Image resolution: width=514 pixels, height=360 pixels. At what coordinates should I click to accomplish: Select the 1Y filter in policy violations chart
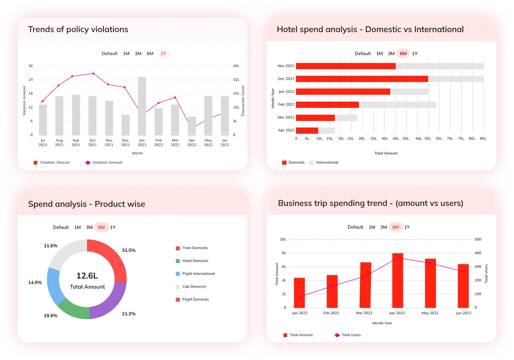(163, 54)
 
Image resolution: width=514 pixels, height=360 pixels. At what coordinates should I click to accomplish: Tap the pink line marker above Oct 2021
(94, 74)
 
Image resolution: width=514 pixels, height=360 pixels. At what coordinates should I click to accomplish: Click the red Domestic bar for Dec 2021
(362, 79)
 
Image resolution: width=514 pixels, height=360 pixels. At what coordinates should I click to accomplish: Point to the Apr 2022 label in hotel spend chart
(286, 130)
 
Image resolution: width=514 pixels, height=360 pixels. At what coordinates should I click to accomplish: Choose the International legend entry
(327, 163)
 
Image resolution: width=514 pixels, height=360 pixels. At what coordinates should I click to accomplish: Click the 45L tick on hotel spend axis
(396, 138)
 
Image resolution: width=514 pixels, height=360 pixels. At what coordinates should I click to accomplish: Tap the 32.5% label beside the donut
(128, 250)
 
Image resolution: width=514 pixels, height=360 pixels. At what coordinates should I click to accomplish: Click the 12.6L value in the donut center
(87, 276)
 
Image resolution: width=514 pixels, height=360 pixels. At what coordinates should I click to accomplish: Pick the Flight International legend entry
(198, 274)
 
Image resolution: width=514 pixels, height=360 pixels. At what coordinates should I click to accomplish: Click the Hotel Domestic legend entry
(195, 261)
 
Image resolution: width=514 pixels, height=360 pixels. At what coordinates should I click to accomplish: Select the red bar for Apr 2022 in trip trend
(398, 281)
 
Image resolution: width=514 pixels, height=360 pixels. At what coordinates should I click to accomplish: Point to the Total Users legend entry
(351, 335)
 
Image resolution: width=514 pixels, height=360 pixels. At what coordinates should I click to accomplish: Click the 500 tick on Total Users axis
(478, 239)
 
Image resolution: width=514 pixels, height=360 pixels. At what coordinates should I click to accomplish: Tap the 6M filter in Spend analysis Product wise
(101, 227)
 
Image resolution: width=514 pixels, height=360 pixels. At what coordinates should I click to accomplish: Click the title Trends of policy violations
(78, 30)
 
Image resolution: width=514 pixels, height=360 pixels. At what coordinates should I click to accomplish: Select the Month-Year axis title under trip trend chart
(382, 323)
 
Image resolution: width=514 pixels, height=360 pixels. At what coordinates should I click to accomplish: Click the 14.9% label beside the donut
(35, 282)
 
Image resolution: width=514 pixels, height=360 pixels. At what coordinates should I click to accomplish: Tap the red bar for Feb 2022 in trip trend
(332, 291)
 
